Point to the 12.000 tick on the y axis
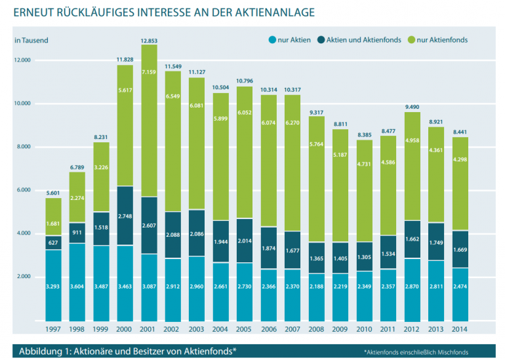24,60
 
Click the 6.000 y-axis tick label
24,190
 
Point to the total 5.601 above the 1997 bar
54,192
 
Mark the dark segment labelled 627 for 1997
54,243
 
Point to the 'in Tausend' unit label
31,40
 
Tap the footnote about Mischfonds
416,351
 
